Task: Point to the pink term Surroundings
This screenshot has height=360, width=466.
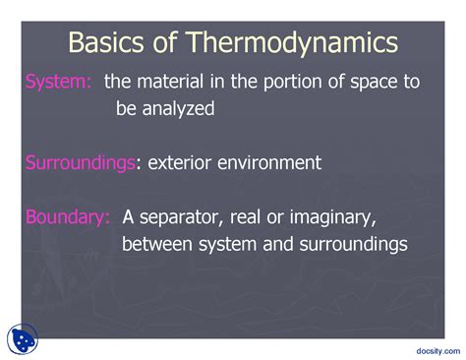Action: (80, 162)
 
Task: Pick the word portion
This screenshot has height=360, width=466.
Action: (298, 83)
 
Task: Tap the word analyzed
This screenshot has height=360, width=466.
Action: (179, 109)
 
